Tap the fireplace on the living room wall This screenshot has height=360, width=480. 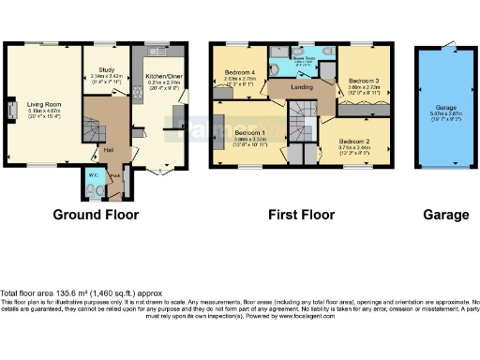point(12,111)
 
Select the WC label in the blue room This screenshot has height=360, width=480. point(93,174)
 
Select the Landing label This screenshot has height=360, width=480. point(301,88)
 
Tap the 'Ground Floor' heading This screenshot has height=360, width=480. point(96,215)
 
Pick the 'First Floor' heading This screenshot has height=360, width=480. point(301,215)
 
